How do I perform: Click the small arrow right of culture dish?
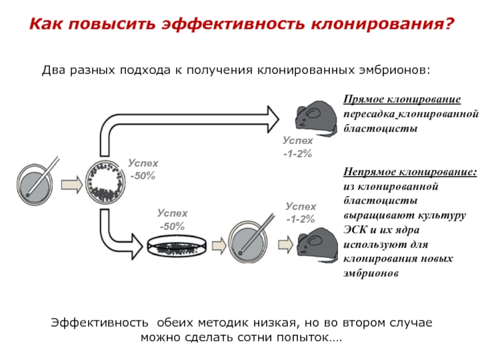(218, 244)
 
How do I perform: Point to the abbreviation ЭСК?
(353, 230)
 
